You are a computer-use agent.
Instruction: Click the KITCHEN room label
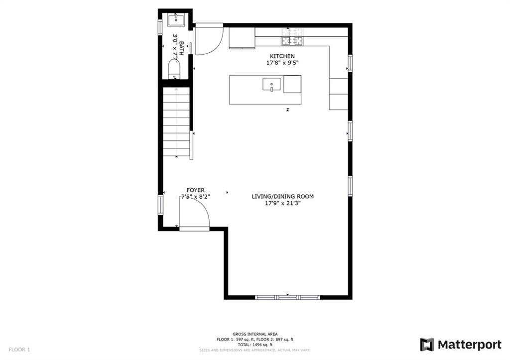(282, 56)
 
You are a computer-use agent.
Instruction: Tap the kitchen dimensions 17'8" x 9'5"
(282, 63)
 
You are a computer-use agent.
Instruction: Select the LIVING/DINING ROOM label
(282, 196)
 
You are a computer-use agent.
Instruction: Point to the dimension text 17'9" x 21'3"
(282, 203)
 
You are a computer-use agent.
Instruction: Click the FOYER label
(195, 190)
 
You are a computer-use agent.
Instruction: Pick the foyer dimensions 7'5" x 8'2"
(195, 197)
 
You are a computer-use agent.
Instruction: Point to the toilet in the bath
(174, 68)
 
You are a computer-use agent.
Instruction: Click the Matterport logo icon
(427, 345)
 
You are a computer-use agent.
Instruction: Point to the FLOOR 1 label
(19, 350)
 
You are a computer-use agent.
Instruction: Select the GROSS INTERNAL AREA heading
(255, 334)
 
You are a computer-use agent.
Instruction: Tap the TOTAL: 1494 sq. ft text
(255, 345)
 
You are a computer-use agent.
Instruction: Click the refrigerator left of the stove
(242, 38)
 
